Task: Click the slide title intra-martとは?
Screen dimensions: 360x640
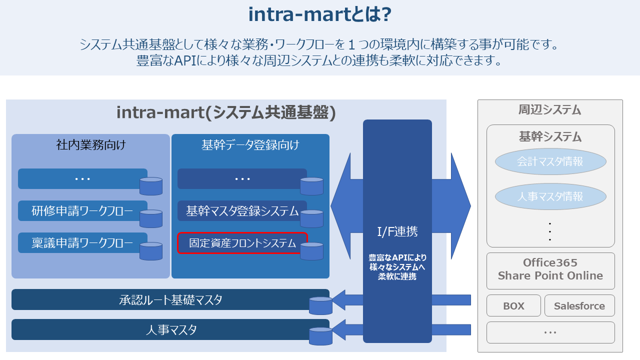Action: pyautogui.click(x=319, y=15)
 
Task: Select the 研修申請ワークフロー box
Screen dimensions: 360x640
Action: pyautogui.click(x=82, y=211)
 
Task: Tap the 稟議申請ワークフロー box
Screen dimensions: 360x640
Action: pyautogui.click(x=82, y=243)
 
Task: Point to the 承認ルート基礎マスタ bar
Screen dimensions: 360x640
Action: pyautogui.click(x=170, y=300)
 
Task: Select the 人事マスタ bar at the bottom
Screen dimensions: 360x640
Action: pyautogui.click(x=170, y=330)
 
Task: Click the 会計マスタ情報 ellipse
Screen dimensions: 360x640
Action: pyautogui.click(x=550, y=161)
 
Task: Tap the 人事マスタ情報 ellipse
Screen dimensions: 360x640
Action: pyautogui.click(x=550, y=196)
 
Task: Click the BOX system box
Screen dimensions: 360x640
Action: pyautogui.click(x=513, y=306)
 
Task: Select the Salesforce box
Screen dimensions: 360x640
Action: pyautogui.click(x=579, y=306)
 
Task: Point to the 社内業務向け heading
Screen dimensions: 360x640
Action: pyautogui.click(x=90, y=145)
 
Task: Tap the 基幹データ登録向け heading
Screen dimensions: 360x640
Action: pyautogui.click(x=250, y=145)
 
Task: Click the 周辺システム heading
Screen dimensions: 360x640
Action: pyautogui.click(x=549, y=110)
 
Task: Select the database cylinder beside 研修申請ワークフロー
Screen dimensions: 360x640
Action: pyautogui.click(x=151, y=218)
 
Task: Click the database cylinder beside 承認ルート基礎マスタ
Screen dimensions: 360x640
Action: pyautogui.click(x=320, y=305)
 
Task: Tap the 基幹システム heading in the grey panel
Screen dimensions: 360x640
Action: pyautogui.click(x=550, y=136)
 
